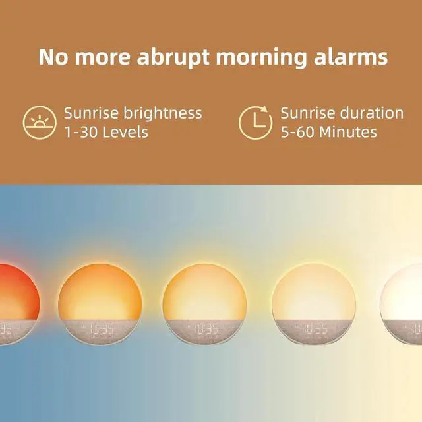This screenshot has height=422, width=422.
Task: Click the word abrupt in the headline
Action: click(x=173, y=57)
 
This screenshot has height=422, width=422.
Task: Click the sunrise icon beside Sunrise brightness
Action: click(x=40, y=123)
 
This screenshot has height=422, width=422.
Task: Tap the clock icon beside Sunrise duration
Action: click(x=255, y=122)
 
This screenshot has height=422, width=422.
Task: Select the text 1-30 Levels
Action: click(x=106, y=132)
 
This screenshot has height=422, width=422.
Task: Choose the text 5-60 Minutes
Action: click(x=328, y=132)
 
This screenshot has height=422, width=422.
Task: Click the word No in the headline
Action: click(x=54, y=57)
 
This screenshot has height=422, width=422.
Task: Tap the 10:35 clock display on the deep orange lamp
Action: click(x=100, y=327)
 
